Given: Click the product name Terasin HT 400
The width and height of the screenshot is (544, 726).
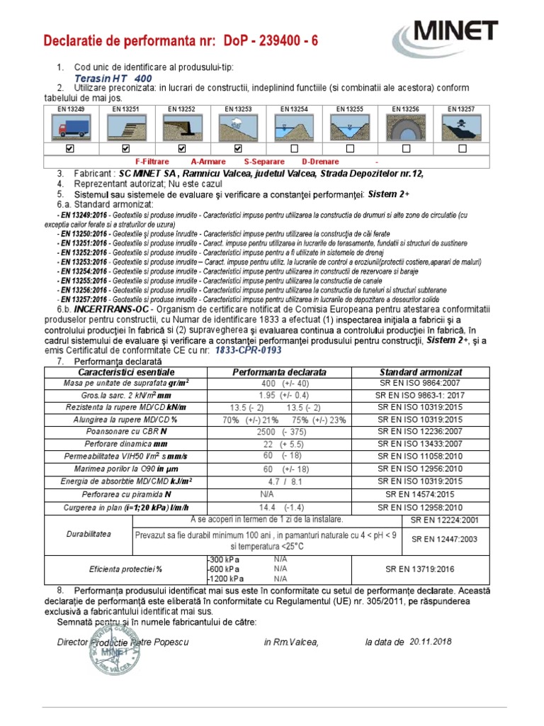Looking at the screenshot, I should point(113,78).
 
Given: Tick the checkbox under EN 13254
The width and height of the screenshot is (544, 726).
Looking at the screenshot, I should point(294,149).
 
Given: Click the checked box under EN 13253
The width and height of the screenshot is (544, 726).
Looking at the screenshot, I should point(238,149).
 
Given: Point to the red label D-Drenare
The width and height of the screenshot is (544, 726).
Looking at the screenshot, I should point(322,162).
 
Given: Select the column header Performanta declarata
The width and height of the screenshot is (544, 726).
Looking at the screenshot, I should point(279,372).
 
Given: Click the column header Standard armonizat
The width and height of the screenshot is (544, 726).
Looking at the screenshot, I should point(421,372).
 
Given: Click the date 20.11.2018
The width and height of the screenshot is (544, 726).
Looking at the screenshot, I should point(430,642).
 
